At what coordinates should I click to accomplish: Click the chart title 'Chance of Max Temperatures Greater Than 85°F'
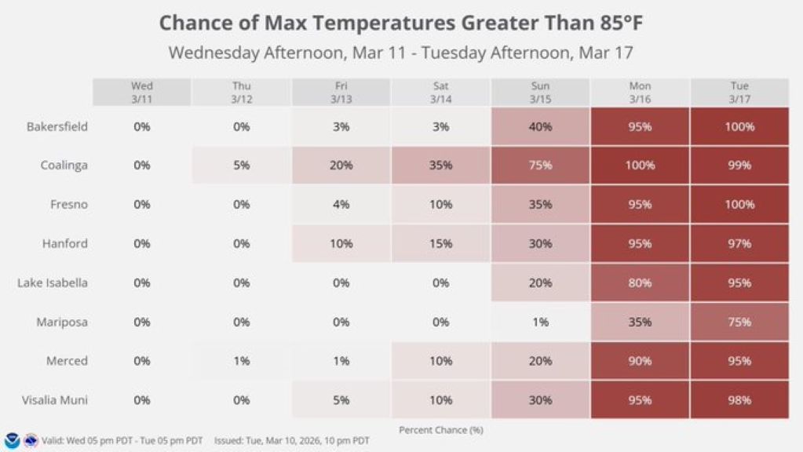401,23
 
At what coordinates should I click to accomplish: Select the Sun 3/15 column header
540,92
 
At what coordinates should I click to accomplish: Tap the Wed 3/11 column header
142,92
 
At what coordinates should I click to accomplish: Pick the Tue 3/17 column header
739,92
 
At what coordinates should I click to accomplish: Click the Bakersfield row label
57,126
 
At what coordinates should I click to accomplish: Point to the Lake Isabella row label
53,282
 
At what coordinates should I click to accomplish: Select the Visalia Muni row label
55,400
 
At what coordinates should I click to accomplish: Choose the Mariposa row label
62,322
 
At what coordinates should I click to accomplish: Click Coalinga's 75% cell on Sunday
540,166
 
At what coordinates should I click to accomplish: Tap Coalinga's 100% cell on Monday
640,166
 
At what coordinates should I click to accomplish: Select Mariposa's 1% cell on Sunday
540,322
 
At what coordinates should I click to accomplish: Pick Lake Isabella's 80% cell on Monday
640,282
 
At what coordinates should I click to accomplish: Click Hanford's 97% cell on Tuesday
739,243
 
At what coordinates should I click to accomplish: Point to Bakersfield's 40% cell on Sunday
540,126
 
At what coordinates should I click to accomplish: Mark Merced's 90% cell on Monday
640,361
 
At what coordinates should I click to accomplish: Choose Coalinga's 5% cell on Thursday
242,166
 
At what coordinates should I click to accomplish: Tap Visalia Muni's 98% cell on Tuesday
739,400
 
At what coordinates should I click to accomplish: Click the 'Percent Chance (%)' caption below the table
440,429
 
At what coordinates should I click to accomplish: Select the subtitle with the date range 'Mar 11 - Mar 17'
401,53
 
